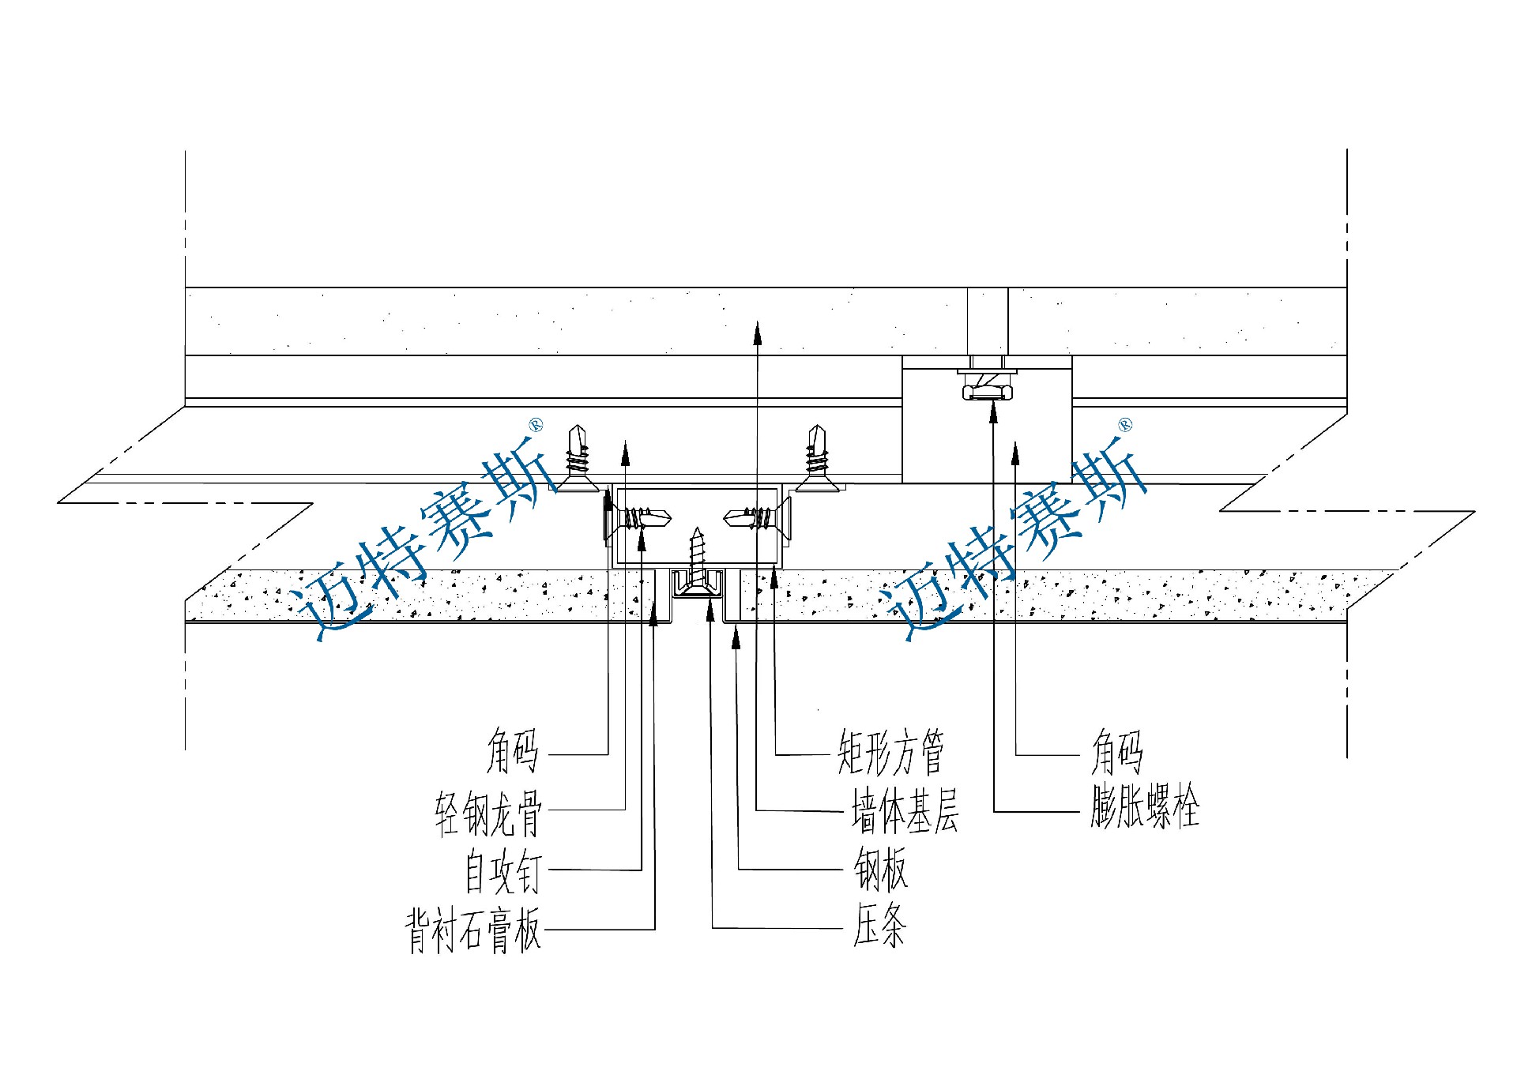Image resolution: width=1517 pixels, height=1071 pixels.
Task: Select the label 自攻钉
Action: pyautogui.click(x=503, y=871)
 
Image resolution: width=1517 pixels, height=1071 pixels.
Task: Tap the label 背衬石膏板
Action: pyautogui.click(x=473, y=930)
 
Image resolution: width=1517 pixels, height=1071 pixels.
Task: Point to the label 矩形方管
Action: pyautogui.click(x=890, y=753)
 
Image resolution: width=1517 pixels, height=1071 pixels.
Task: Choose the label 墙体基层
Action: pyautogui.click(x=905, y=812)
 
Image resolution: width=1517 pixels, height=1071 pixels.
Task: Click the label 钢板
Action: pyautogui.click(x=880, y=870)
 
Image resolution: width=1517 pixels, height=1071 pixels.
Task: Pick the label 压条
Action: pyautogui.click(x=879, y=926)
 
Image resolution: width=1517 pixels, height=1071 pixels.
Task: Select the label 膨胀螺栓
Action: pyautogui.click(x=1145, y=808)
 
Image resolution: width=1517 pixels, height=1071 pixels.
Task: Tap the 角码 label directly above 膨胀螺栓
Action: pyautogui.click(x=1116, y=753)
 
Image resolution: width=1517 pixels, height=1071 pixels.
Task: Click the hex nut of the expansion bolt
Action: pyautogui.click(x=987, y=391)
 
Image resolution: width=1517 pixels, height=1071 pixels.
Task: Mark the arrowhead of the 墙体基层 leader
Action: pyautogui.click(x=757, y=333)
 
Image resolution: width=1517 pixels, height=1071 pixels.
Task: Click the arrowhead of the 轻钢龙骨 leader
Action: pyautogui.click(x=626, y=452)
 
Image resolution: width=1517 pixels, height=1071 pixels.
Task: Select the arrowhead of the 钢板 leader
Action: pyautogui.click(x=736, y=637)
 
